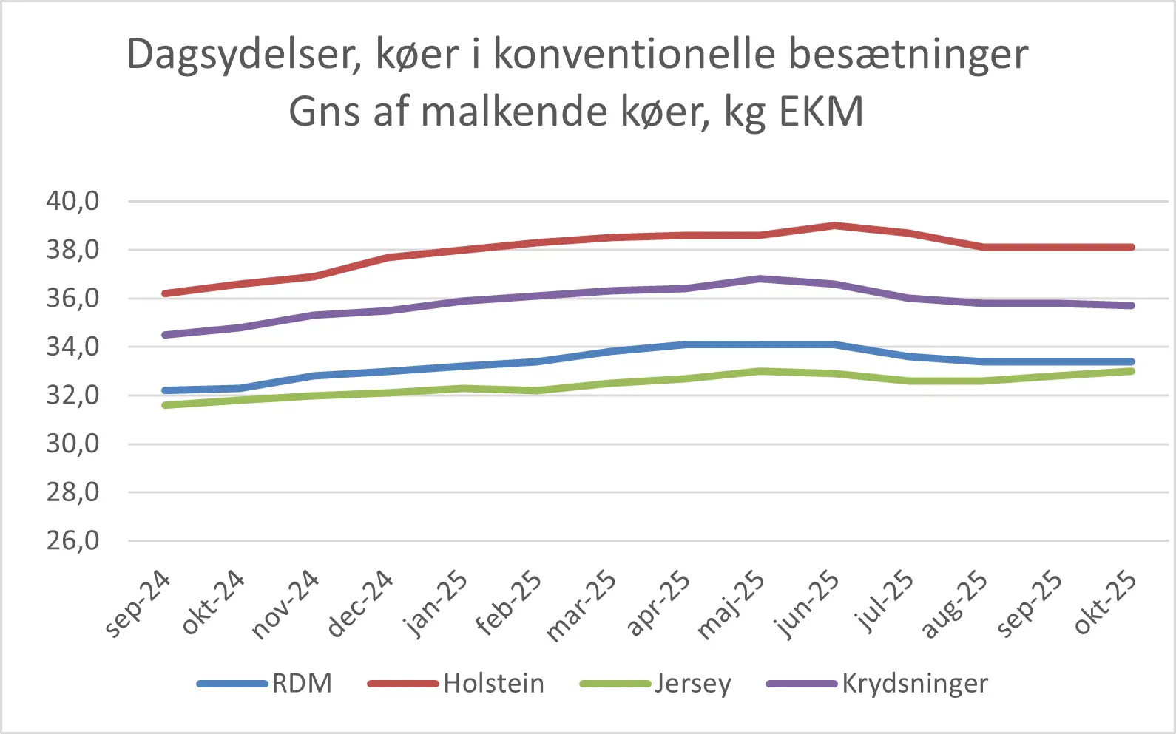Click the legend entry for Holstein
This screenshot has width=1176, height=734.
pyautogui.click(x=493, y=684)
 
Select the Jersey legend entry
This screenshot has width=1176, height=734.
pyautogui.click(x=692, y=684)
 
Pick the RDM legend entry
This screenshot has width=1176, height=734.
pyautogui.click(x=302, y=684)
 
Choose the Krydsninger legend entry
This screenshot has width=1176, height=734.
pyautogui.click(x=914, y=684)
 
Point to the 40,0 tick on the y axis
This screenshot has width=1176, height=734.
pyautogui.click(x=72, y=201)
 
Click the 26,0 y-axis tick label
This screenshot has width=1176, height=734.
pyautogui.click(x=72, y=541)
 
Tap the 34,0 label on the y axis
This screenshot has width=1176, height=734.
pyautogui.click(x=72, y=347)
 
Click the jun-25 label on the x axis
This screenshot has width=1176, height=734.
pyautogui.click(x=808, y=605)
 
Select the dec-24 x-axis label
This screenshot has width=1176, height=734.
pyautogui.click(x=361, y=605)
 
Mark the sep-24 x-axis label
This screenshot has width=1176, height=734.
pyautogui.click(x=138, y=605)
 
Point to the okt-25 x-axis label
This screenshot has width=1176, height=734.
pyautogui.click(x=1105, y=605)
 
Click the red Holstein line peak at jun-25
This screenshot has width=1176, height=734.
pyautogui.click(x=834, y=225)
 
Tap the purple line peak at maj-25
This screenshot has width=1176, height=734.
pyautogui.click(x=760, y=279)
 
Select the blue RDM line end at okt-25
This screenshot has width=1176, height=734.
pyautogui.click(x=1131, y=361)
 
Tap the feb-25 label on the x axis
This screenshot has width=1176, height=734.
pyautogui.click(x=510, y=605)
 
